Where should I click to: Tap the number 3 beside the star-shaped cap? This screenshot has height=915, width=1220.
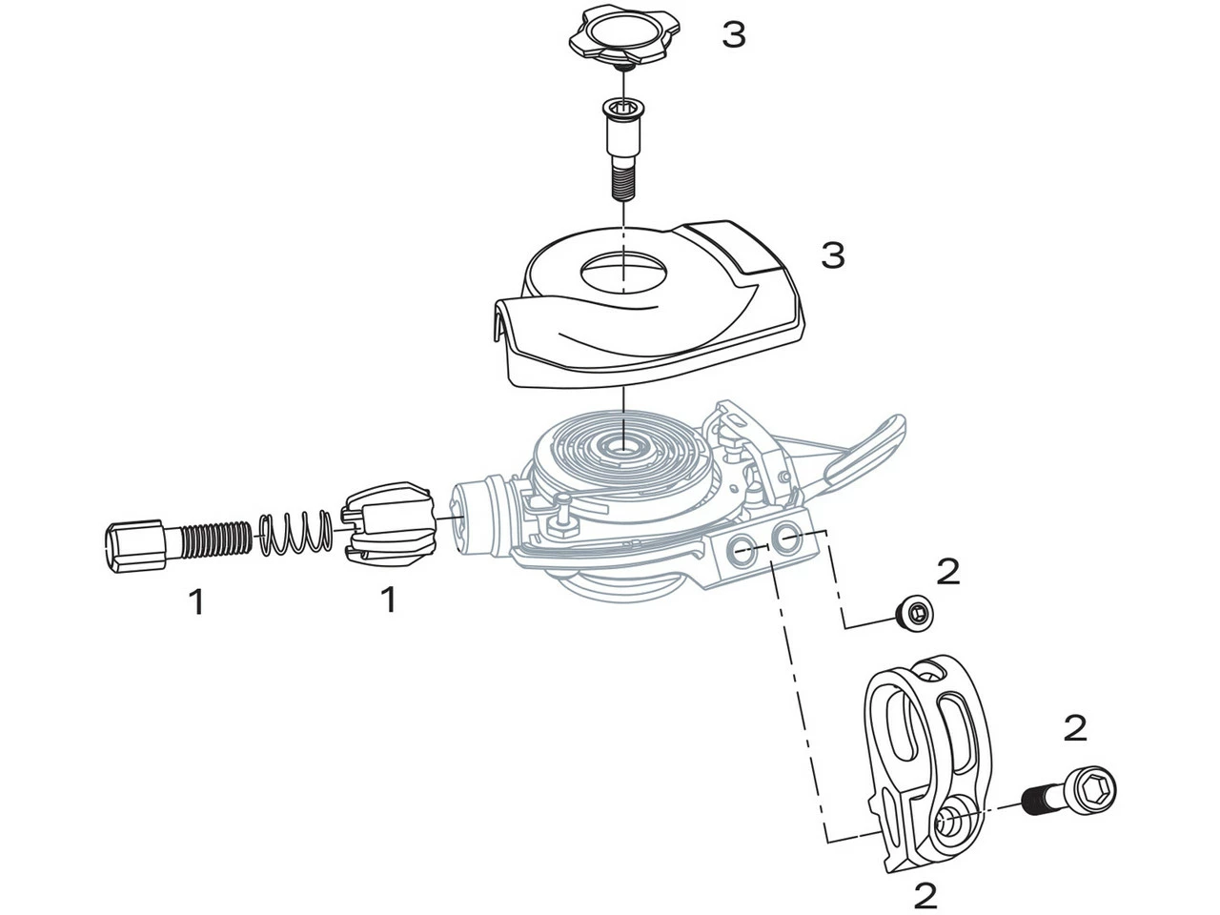click(732, 35)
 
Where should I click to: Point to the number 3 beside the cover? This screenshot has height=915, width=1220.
click(832, 255)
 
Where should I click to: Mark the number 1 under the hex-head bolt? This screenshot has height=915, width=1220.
click(196, 602)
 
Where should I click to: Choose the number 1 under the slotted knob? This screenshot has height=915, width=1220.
click(388, 600)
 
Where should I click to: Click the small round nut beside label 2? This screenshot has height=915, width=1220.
click(916, 614)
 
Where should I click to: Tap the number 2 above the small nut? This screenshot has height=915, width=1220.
click(947, 572)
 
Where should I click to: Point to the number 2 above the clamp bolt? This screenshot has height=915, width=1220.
click(1074, 729)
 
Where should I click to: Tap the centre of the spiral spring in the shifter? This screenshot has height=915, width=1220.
click(620, 445)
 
